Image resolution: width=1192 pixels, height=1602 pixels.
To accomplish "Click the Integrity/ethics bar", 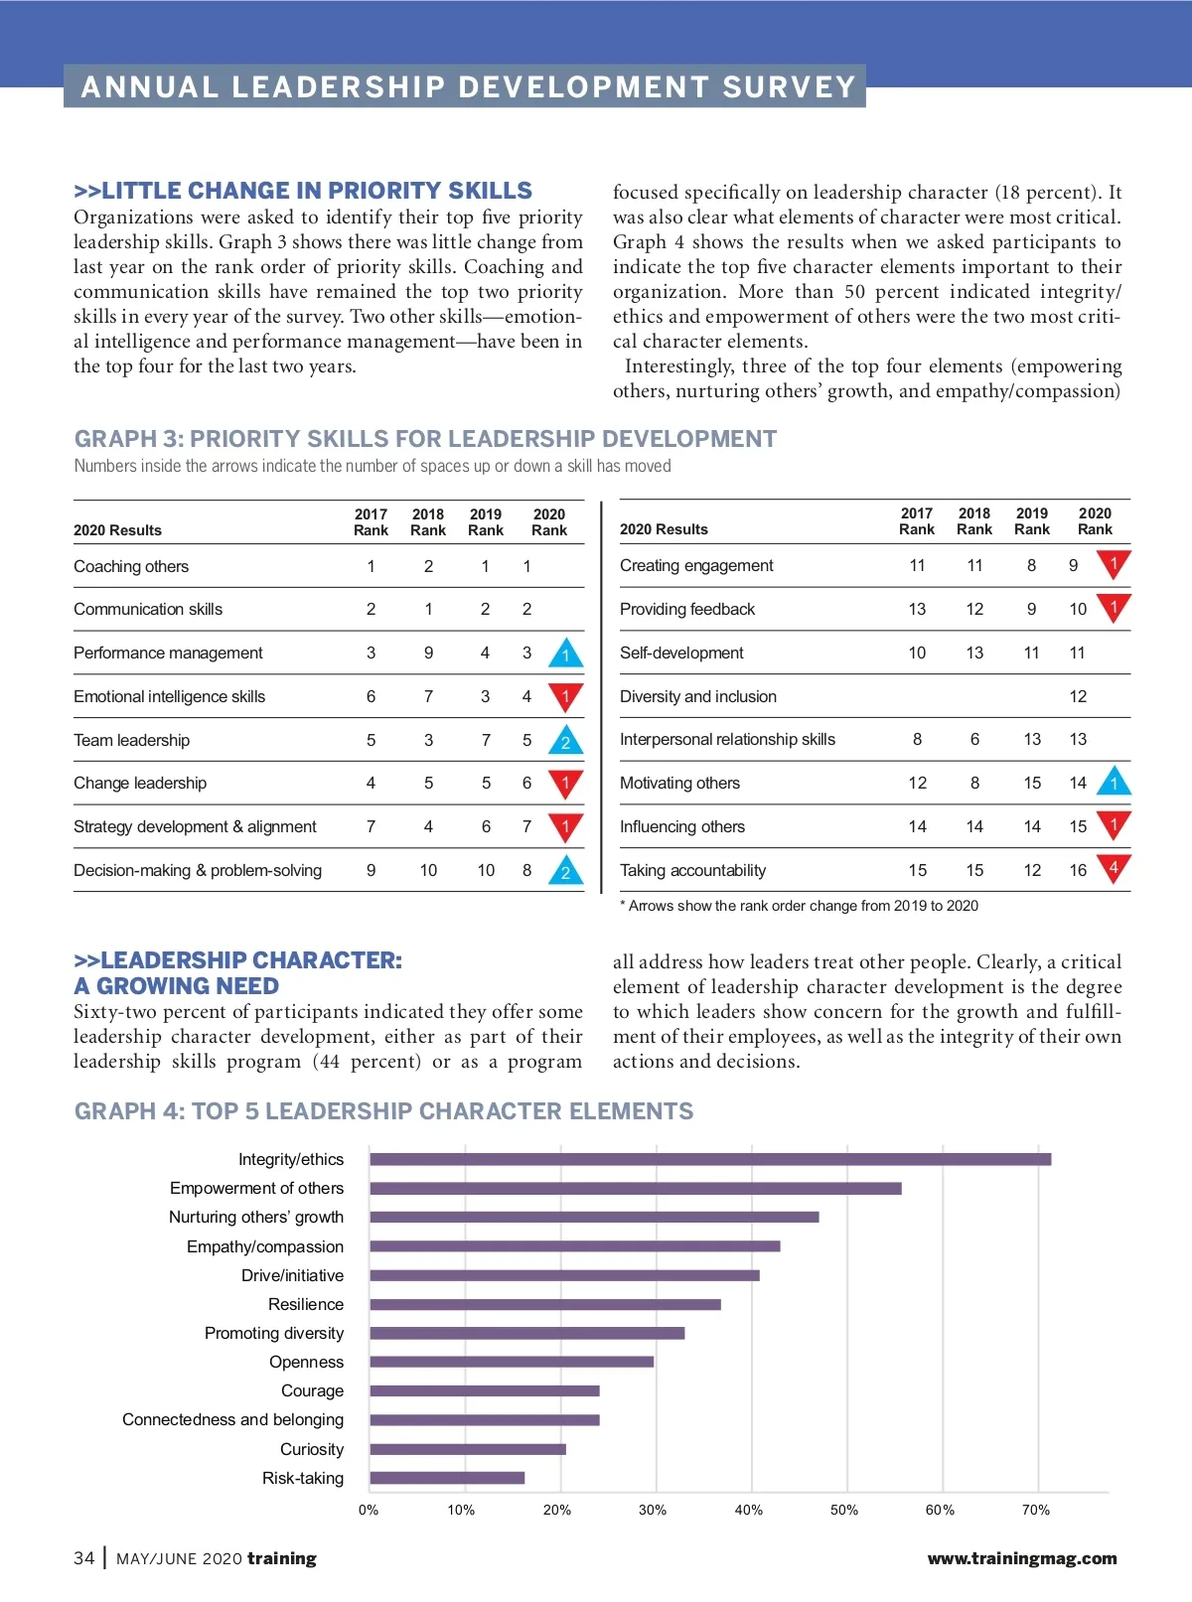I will tap(710, 1159).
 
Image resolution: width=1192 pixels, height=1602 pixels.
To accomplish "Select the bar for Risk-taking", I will tap(447, 1478).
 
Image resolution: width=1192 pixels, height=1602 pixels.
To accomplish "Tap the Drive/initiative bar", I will tap(564, 1275).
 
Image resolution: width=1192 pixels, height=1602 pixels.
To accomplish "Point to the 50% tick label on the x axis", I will tap(844, 1510).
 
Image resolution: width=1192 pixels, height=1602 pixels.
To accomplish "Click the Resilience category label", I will tap(306, 1304).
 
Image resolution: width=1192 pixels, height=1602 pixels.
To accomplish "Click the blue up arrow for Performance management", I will tap(565, 654).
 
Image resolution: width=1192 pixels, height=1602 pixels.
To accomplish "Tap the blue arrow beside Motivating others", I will tap(1114, 783).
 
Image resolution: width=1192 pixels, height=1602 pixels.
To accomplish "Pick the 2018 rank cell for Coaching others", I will tap(428, 566).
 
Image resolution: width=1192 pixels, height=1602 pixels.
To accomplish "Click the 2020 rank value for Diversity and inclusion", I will tap(1078, 696).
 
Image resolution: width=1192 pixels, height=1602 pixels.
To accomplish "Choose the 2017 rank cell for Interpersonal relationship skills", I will tap(917, 739).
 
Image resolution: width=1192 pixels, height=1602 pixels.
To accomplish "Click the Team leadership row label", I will tap(131, 740).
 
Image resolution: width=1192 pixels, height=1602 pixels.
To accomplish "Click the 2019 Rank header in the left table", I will tap(486, 522).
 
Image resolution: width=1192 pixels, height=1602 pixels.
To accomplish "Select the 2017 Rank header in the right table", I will tap(917, 521).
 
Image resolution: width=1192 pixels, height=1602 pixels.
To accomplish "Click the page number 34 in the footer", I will tap(84, 1558).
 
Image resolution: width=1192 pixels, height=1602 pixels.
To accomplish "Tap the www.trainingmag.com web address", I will tap(1021, 1558).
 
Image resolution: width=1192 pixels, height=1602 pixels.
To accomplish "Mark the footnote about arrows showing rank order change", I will tap(799, 906).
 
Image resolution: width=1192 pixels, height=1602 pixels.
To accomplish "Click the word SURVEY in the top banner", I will tap(789, 87).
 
